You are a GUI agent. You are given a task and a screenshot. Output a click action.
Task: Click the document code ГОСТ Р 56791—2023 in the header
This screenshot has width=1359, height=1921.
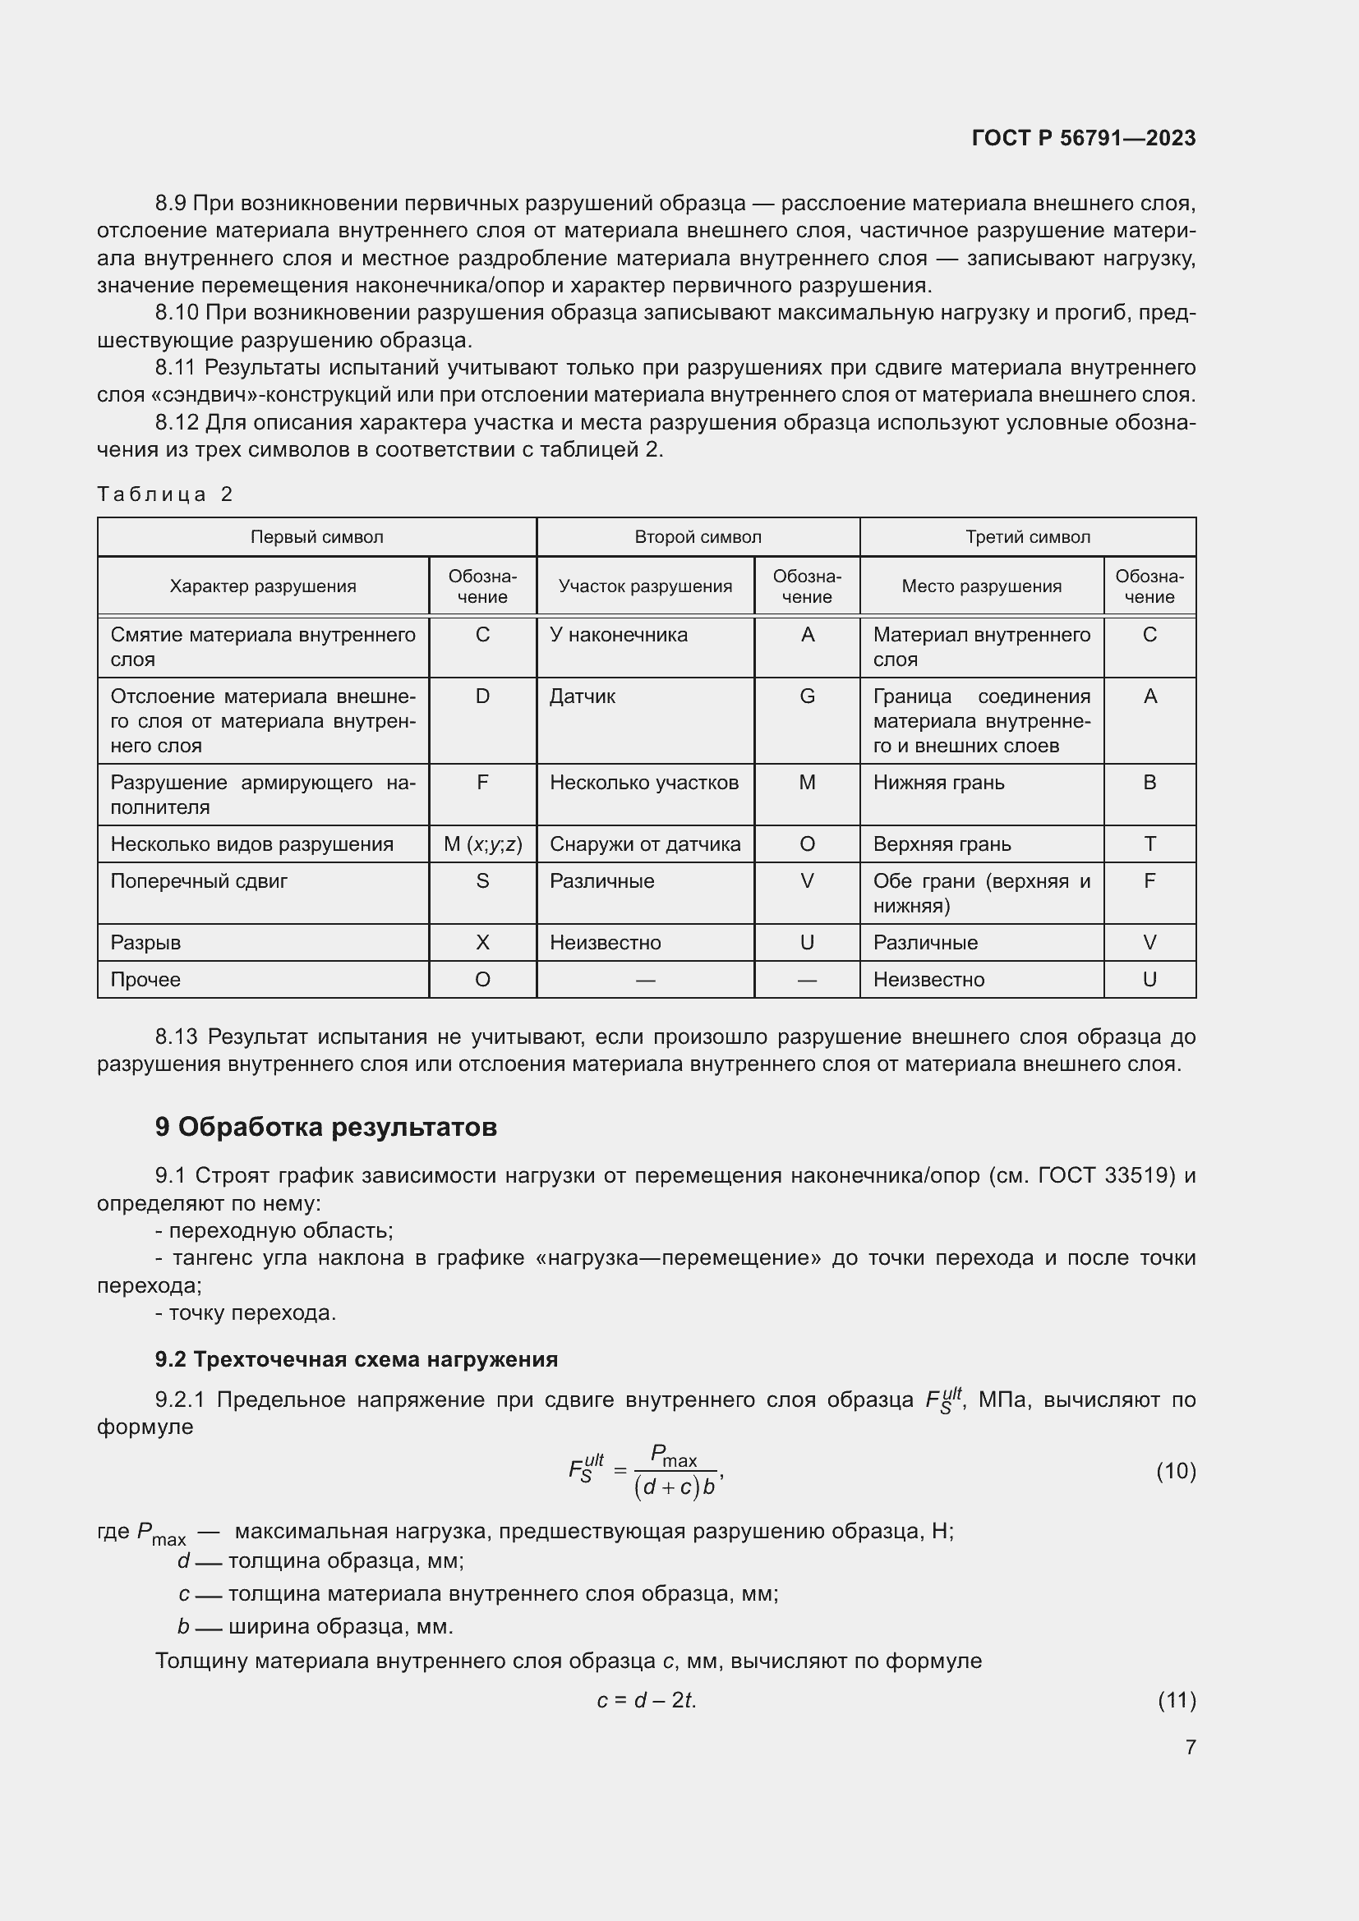(1084, 138)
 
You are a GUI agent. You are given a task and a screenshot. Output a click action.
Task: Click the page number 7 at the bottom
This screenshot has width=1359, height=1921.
(1190, 1747)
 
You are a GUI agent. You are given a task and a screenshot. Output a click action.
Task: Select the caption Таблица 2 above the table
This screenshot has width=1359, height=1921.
(165, 494)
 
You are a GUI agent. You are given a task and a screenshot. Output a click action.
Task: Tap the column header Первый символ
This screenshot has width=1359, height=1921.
(316, 537)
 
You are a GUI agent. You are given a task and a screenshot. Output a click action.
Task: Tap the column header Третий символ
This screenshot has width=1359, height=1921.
(1028, 537)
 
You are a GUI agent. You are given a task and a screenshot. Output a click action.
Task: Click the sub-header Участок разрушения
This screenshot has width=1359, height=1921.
(645, 586)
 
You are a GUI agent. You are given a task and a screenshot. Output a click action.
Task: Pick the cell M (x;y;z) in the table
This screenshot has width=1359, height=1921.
(483, 844)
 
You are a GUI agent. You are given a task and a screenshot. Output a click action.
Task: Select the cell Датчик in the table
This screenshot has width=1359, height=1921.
(583, 696)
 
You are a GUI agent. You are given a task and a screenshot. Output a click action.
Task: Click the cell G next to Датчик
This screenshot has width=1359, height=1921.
(807, 696)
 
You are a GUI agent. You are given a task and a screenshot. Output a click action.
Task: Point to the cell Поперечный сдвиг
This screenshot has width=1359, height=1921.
(199, 881)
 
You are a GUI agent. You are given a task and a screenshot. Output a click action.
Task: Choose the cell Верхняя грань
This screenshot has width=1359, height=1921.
(942, 844)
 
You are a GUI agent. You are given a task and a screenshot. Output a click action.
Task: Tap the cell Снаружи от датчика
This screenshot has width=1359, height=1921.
(645, 844)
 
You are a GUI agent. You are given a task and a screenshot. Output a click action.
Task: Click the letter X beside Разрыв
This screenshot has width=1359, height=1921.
(483, 943)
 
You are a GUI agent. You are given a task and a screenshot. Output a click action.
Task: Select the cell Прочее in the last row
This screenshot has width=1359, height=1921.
(145, 980)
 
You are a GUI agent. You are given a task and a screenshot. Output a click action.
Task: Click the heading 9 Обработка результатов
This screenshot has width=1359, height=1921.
(325, 1128)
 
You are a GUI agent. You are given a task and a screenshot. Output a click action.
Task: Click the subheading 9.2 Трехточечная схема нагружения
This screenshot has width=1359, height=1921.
(357, 1359)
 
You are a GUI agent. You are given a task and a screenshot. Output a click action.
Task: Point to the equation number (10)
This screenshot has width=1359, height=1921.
(1176, 1471)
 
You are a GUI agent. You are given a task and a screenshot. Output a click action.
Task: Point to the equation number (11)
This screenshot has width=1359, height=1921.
(1177, 1700)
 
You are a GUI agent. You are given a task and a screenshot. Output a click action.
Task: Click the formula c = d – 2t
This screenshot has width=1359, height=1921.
(646, 1701)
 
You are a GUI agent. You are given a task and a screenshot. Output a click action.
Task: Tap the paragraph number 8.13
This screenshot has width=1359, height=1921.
(176, 1037)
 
